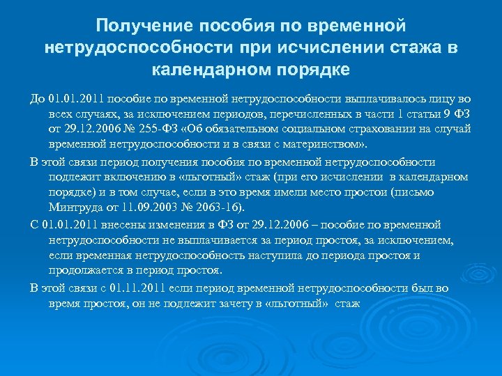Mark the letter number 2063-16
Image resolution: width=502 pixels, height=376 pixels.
[228, 207]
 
